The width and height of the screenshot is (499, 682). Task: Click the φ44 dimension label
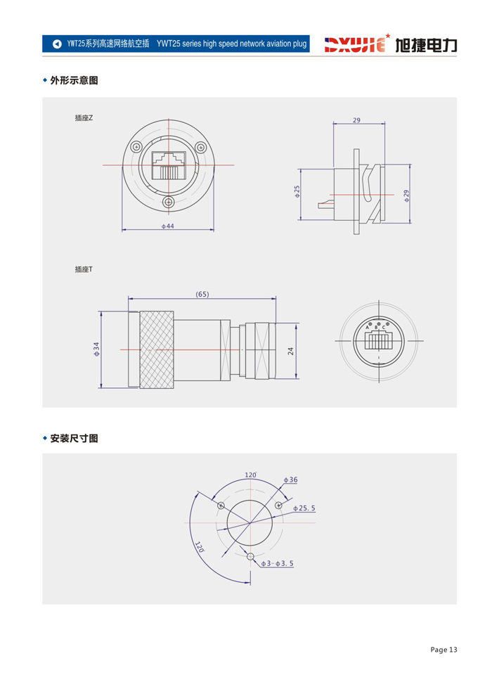click(x=168, y=226)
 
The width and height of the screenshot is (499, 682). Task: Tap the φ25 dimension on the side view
click(x=297, y=191)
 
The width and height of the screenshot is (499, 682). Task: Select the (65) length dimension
click(x=202, y=294)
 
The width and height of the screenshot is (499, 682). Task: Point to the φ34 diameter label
click(x=96, y=349)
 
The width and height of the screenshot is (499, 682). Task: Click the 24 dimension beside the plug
click(x=291, y=351)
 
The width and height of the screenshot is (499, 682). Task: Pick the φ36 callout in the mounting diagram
click(x=290, y=480)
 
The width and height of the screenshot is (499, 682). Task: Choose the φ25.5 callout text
click(x=304, y=508)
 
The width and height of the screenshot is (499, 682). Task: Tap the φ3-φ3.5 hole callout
click(x=278, y=563)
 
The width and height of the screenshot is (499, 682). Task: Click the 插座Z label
click(x=84, y=118)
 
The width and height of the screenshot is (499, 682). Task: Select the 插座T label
click(x=84, y=269)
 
